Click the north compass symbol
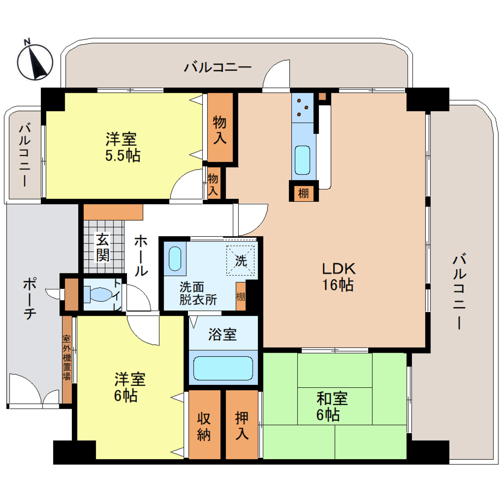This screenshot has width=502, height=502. pyautogui.click(x=35, y=61)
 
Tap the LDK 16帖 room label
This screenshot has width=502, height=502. pyautogui.click(x=338, y=277)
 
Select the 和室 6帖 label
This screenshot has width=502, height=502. pyautogui.click(x=331, y=407)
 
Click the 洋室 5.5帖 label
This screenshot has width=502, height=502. pyautogui.click(x=123, y=147)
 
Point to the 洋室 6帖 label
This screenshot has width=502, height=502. pyautogui.click(x=129, y=387)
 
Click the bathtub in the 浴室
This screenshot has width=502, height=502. pyautogui.click(x=223, y=368)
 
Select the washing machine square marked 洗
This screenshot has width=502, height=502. pyautogui.click(x=240, y=260)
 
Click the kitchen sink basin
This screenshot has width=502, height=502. pyautogui.click(x=302, y=160)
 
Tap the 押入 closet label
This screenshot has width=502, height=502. pyautogui.click(x=242, y=425)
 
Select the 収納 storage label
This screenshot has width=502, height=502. pyautogui.click(x=204, y=426)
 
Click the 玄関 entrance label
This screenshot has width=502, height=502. pyautogui.click(x=103, y=247)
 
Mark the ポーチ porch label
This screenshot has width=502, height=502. pyautogui.click(x=30, y=298)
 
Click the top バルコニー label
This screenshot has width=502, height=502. pyautogui.click(x=217, y=67)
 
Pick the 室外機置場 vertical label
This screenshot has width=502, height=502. pyautogui.click(x=67, y=357)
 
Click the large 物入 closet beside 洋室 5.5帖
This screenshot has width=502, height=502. pyautogui.click(x=220, y=129)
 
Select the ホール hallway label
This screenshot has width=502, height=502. pyautogui.click(x=141, y=255)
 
